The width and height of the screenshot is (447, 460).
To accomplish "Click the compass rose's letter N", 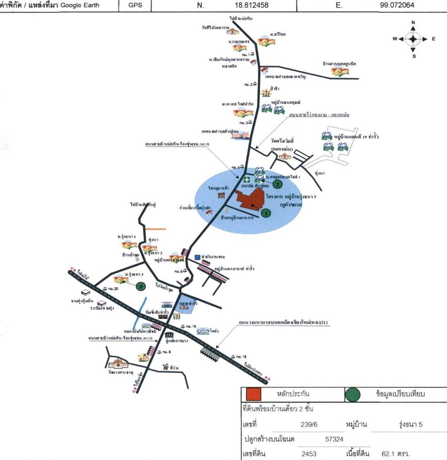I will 413,23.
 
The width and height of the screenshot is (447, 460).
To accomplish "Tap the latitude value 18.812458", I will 250,5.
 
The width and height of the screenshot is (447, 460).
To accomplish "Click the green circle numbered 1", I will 266,213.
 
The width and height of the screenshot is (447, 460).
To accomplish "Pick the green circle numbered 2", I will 278,184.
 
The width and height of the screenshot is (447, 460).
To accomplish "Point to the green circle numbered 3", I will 140,286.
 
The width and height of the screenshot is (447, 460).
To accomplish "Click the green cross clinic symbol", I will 247,180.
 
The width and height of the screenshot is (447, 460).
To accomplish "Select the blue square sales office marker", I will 197,257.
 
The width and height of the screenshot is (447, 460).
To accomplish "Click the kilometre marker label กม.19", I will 191,326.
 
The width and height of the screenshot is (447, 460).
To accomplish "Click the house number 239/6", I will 309,424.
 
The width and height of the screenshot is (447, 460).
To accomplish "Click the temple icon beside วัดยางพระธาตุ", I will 118,363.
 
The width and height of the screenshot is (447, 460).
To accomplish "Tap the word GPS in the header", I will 134,5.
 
